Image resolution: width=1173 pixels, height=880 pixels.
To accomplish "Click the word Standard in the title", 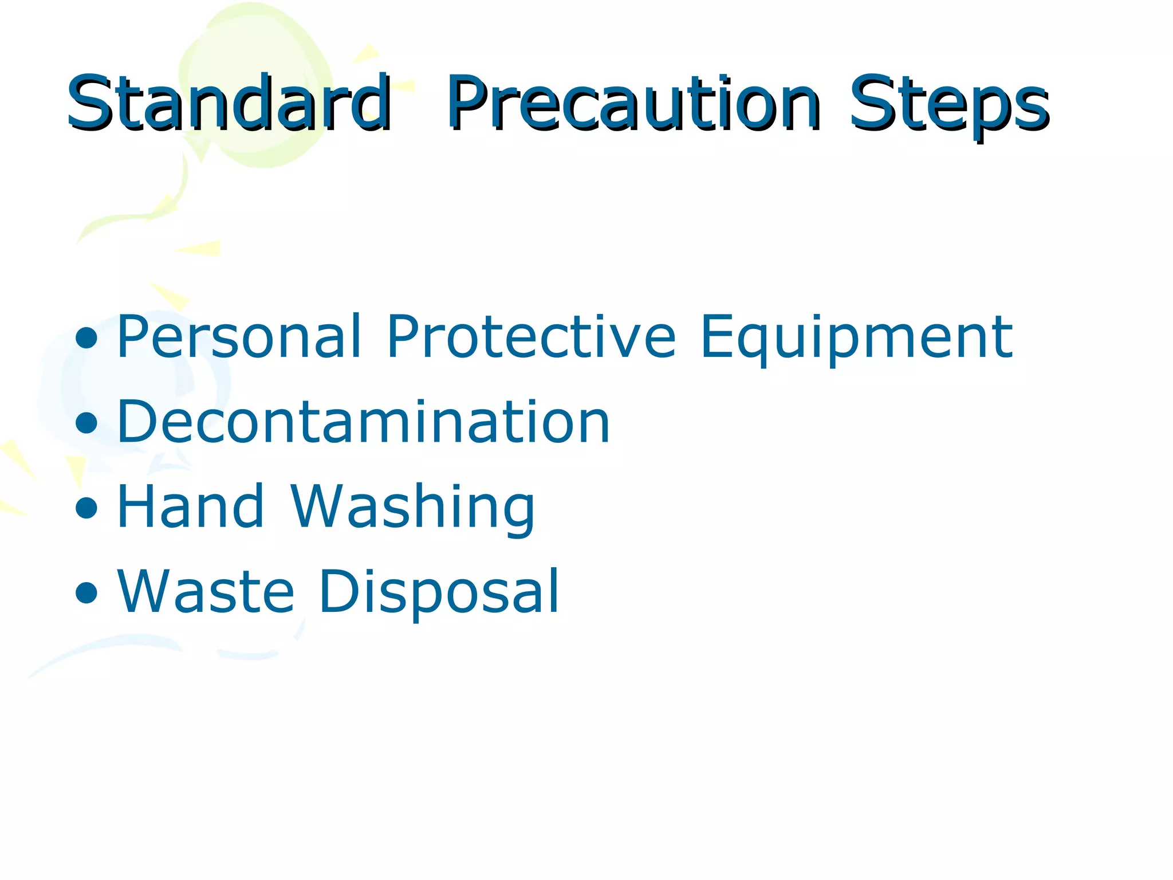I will pyautogui.click(x=229, y=103).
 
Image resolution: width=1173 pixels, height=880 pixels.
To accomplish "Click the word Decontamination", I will pyautogui.click(x=363, y=422).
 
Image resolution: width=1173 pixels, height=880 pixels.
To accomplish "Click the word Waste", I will pyautogui.click(x=206, y=591).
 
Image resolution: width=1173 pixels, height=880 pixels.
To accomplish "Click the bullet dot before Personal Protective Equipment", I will pyautogui.click(x=86, y=339).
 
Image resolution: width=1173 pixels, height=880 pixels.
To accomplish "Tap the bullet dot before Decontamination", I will pyautogui.click(x=86, y=423).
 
